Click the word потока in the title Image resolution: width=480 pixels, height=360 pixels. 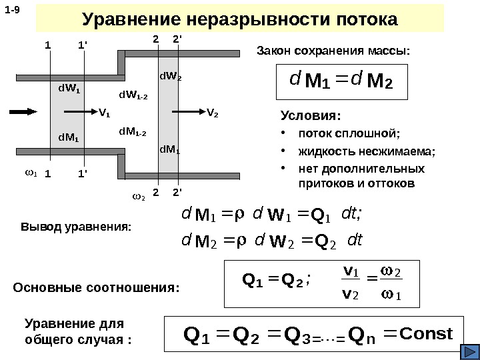click(x=359, y=19)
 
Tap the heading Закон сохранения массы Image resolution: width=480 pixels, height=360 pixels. click(x=334, y=51)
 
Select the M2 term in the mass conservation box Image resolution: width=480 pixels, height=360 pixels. click(x=381, y=83)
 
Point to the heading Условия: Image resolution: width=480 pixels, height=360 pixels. click(x=307, y=115)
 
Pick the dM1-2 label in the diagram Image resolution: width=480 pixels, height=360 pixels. click(x=133, y=131)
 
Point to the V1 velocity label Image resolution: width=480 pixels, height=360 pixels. click(x=105, y=113)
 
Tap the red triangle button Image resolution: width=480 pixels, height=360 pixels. click(x=470, y=351)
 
